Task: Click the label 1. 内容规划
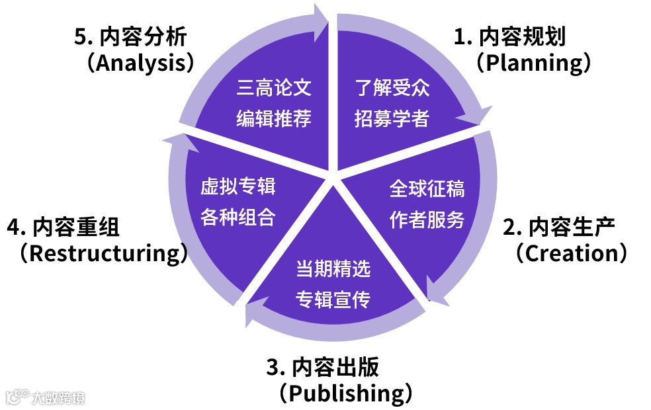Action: click(509, 37)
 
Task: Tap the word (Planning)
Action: click(533, 63)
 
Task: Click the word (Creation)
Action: click(571, 253)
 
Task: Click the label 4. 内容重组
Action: click(64, 227)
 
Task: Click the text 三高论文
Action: click(274, 88)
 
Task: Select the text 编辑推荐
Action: click(274, 119)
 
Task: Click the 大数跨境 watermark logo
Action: click(45, 397)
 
